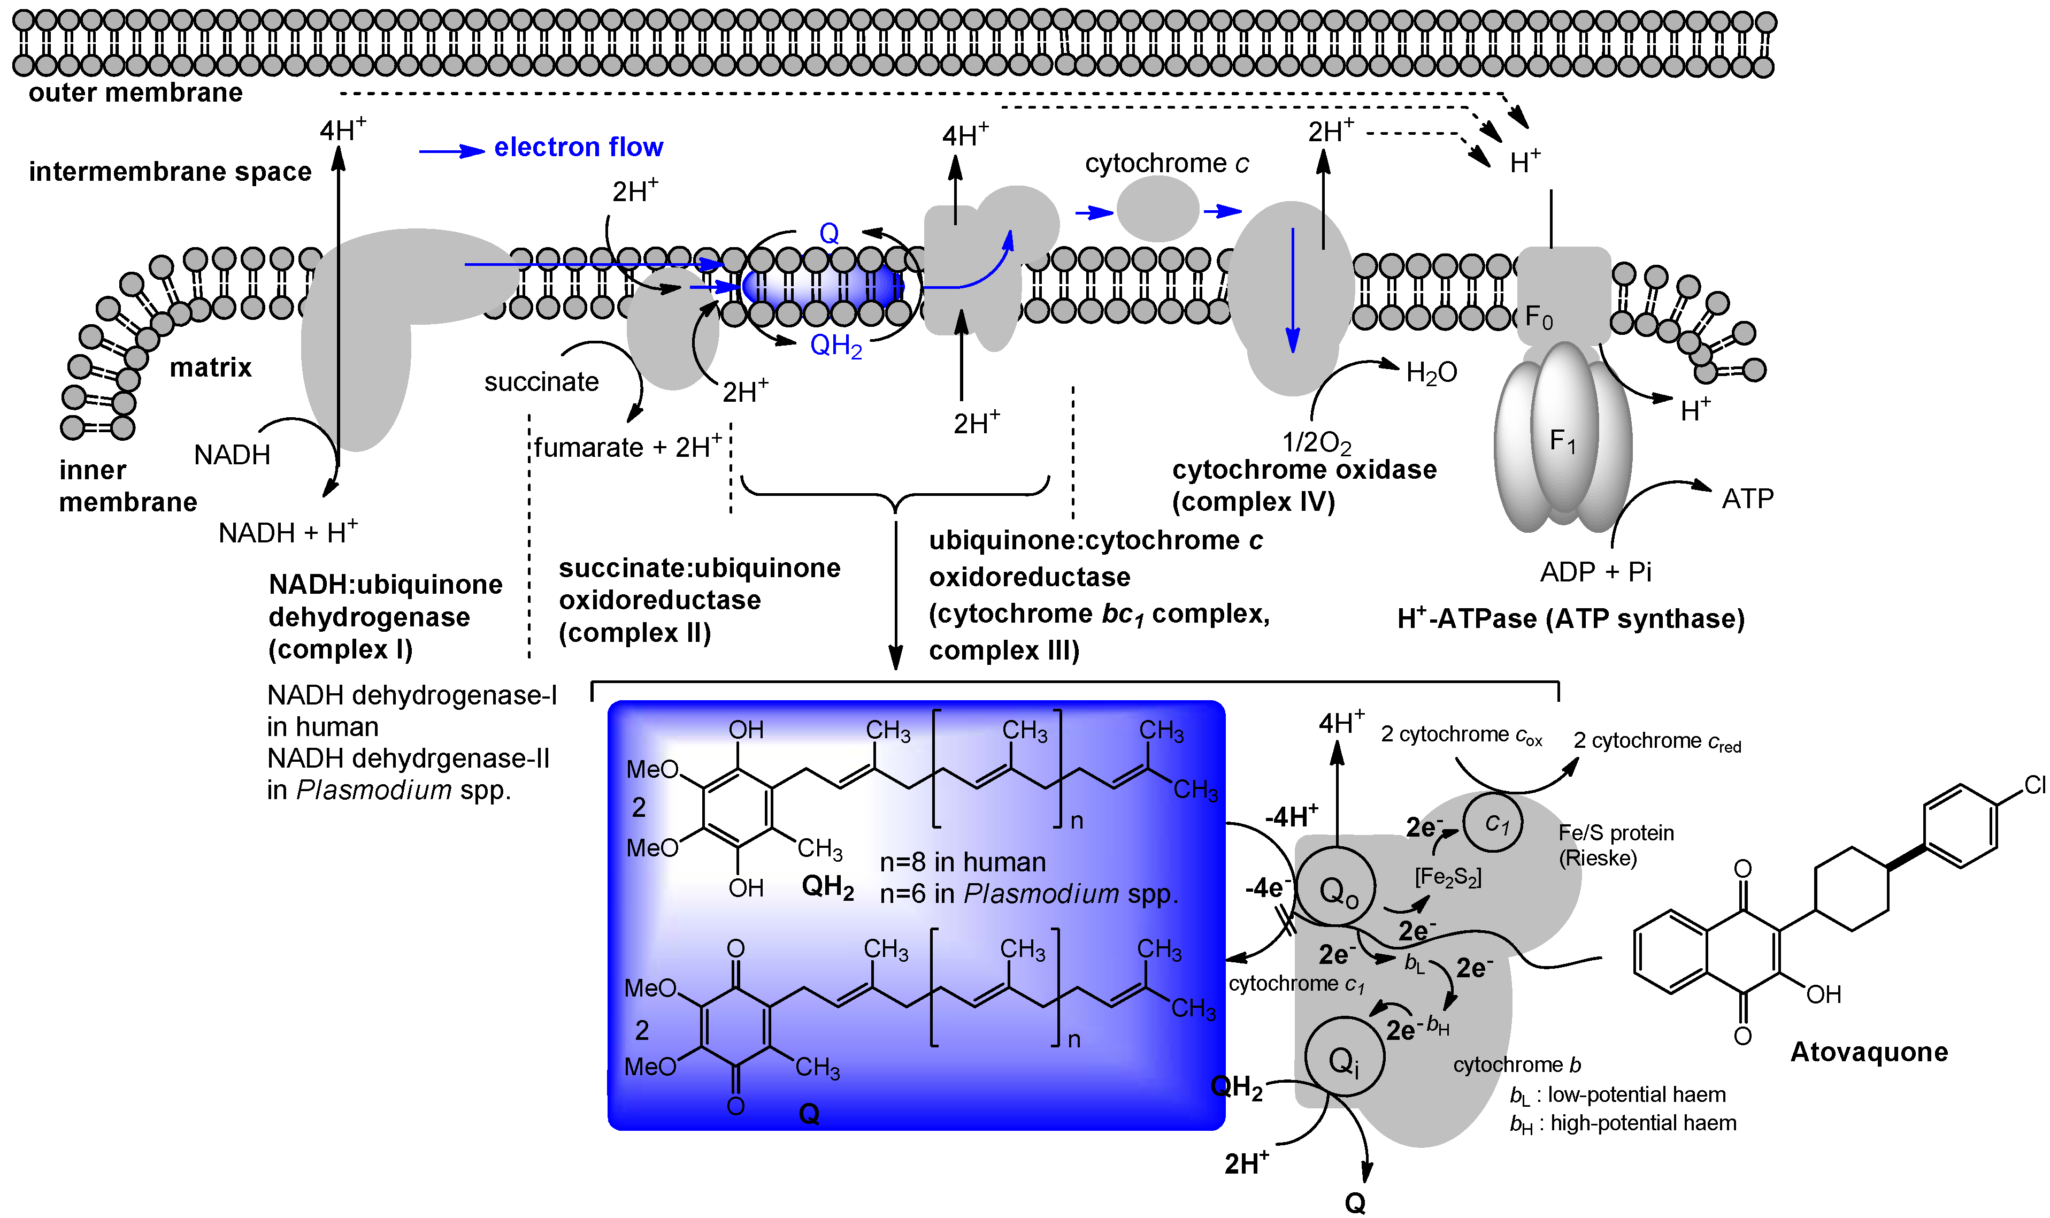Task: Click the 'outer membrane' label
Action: pyautogui.click(x=135, y=93)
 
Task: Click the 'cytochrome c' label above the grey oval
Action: pyautogui.click(x=1165, y=163)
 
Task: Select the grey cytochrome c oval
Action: pyautogui.click(x=1157, y=209)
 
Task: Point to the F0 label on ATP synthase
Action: pyautogui.click(x=1538, y=317)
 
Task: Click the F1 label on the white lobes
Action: pyautogui.click(x=1562, y=441)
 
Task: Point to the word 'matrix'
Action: pyautogui.click(x=210, y=367)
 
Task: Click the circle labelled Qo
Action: pyautogui.click(x=1336, y=890)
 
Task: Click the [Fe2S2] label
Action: pyautogui.click(x=1448, y=877)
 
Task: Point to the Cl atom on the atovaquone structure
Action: pyautogui.click(x=2034, y=785)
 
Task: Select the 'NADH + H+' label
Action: pyautogui.click(x=287, y=533)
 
